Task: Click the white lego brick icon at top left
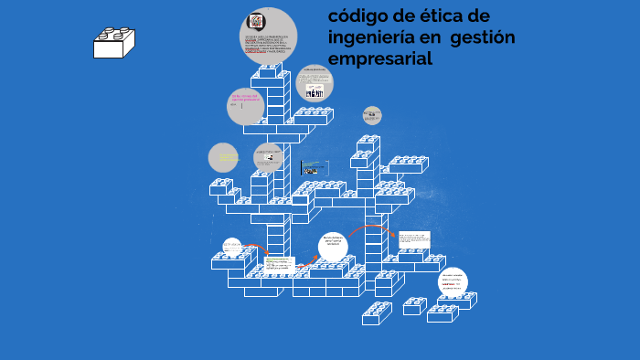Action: tap(114, 41)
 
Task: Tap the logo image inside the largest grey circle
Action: tap(257, 21)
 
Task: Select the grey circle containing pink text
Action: tap(246, 107)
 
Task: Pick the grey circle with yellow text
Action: tap(223, 158)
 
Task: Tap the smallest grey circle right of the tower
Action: tap(371, 115)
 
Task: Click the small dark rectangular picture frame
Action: tap(315, 168)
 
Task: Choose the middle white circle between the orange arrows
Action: tap(334, 245)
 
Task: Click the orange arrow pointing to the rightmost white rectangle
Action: tap(369, 228)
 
